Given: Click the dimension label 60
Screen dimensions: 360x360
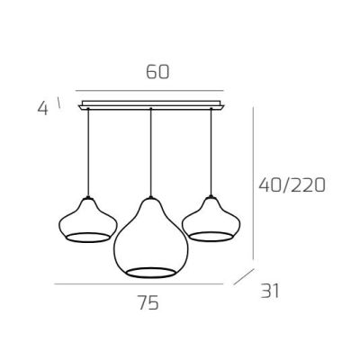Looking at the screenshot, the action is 157,72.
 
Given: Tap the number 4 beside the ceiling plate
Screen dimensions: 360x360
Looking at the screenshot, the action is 42,109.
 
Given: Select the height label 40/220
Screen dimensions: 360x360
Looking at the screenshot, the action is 292,185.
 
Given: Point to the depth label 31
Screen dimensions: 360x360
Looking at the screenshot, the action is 270,291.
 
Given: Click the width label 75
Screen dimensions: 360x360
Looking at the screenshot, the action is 148,302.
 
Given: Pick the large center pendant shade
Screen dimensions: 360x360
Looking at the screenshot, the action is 151,237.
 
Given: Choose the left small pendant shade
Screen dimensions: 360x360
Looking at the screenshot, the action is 88,220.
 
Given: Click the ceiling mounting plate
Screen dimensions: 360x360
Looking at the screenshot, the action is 151,105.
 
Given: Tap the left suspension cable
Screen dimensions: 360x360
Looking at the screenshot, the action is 88,153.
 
